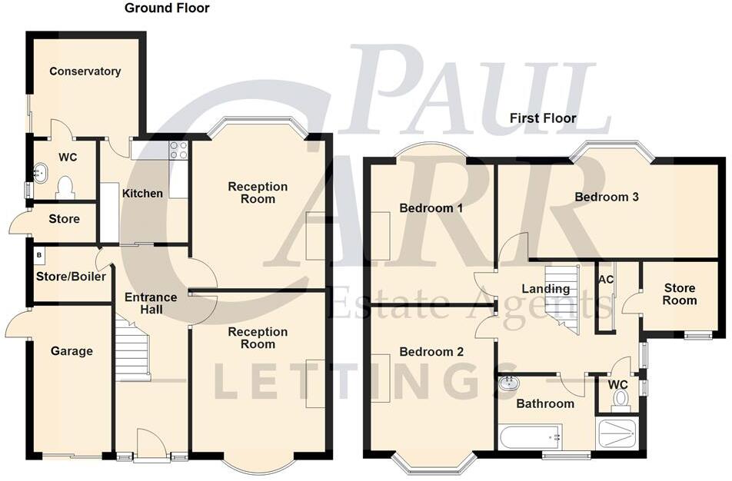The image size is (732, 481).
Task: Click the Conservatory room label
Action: (x=85, y=71)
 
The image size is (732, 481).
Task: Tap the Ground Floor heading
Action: (x=167, y=8)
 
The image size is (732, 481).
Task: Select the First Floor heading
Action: (x=543, y=118)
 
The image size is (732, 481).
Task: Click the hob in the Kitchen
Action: (x=178, y=150)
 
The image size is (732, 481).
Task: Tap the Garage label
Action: (x=72, y=351)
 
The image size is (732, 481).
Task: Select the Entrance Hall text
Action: (x=151, y=304)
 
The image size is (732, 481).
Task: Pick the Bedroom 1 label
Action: (x=431, y=208)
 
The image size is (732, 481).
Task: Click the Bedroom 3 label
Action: (x=607, y=197)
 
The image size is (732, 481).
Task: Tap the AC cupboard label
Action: (x=606, y=279)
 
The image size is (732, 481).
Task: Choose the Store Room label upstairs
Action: (x=680, y=294)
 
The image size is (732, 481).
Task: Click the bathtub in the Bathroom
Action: (x=530, y=437)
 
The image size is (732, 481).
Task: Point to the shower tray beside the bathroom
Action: (x=617, y=433)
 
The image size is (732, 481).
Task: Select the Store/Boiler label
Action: (x=71, y=277)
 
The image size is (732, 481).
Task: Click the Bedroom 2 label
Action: (x=431, y=352)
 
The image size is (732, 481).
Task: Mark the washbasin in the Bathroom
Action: (x=508, y=383)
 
